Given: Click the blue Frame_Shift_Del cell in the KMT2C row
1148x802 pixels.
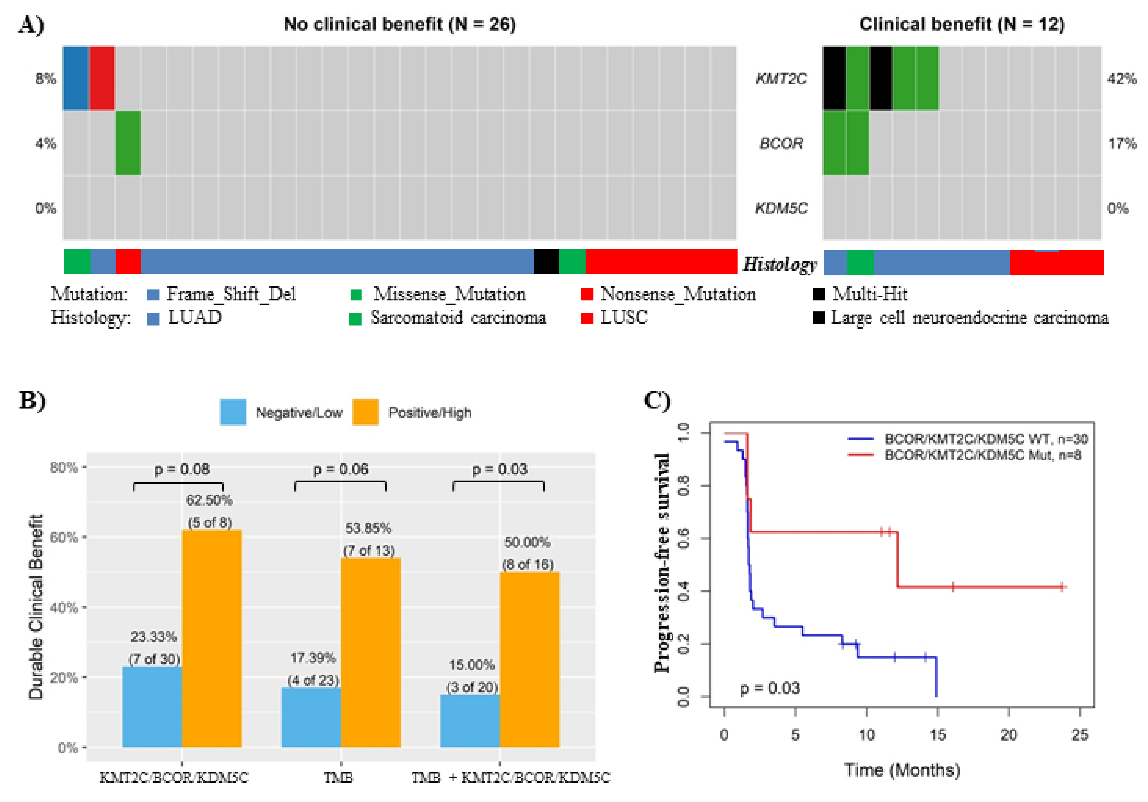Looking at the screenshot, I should pos(76,78).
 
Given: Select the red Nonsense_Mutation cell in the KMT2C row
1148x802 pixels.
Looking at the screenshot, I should pos(102,78).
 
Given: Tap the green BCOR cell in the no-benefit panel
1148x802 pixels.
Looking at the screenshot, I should pos(128,143).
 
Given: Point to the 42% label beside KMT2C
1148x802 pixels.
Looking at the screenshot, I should pos(1121,79).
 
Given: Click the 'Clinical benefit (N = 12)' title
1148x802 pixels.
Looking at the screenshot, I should pos(962,24).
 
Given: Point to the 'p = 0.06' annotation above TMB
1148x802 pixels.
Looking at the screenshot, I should pos(341,469).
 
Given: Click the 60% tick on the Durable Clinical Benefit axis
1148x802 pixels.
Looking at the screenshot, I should pos(64,538).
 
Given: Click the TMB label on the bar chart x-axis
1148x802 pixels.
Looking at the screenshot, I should pos(338,778).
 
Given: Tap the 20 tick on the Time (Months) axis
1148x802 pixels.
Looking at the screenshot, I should pos(1009,735).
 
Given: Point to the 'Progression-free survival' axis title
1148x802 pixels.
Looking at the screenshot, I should pos(662,563).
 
